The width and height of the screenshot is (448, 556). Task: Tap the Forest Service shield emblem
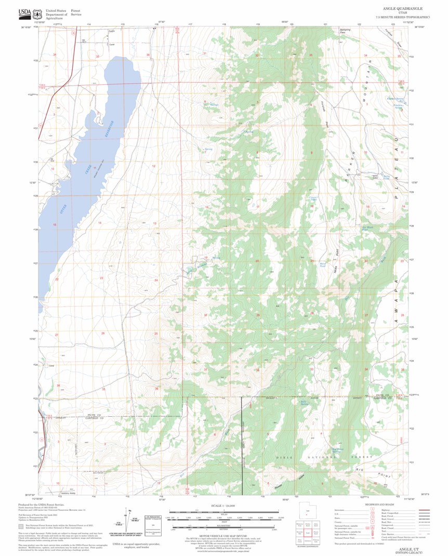point(37,13)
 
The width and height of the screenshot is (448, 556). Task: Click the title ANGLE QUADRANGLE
point(402,9)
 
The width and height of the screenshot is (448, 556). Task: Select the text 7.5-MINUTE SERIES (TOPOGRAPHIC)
point(402,17)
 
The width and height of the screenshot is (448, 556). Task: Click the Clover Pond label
point(313,198)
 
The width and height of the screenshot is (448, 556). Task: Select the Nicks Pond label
point(386,177)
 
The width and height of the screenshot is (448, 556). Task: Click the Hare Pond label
point(322,264)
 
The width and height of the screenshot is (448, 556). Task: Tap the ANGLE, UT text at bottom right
point(409,548)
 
